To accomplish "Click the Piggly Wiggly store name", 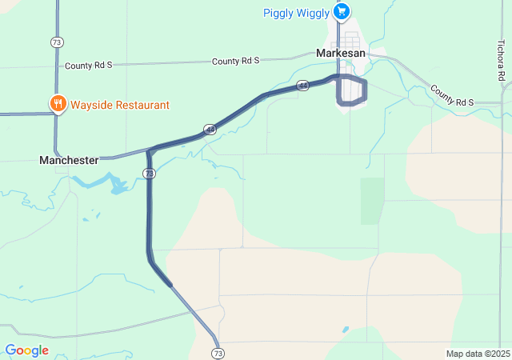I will click(x=296, y=12).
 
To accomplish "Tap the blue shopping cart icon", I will click(x=342, y=11).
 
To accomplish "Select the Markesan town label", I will click(x=340, y=52).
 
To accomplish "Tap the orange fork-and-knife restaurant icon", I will click(x=58, y=104).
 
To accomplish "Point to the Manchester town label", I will click(x=69, y=160).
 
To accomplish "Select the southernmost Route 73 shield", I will click(x=217, y=353).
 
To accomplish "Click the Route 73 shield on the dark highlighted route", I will click(x=150, y=173).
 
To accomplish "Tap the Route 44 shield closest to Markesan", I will click(x=302, y=85).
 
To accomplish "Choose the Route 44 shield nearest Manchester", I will click(x=209, y=129).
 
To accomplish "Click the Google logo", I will click(x=26, y=350).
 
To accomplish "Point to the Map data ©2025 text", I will click(x=478, y=354).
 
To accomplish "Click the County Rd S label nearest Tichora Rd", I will click(x=453, y=96).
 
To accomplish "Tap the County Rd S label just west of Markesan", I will click(x=235, y=61).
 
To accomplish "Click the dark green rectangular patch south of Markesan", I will click(x=372, y=200).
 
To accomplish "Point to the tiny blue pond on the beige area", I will click(x=345, y=329).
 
